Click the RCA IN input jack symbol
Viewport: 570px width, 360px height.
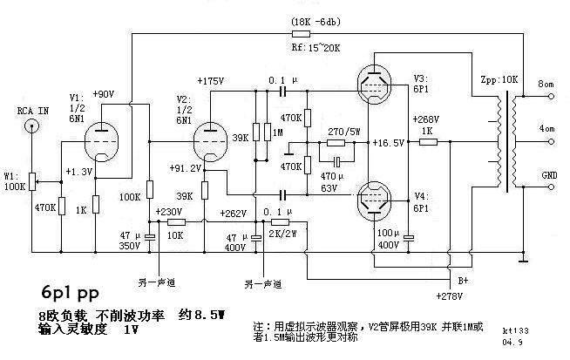[x=33, y=126]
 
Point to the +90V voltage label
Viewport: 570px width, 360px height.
[x=102, y=94]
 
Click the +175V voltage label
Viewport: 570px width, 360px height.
[x=213, y=80]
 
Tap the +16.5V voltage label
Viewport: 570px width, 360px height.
[x=387, y=141]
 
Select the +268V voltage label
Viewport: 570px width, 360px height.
[x=425, y=119]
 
